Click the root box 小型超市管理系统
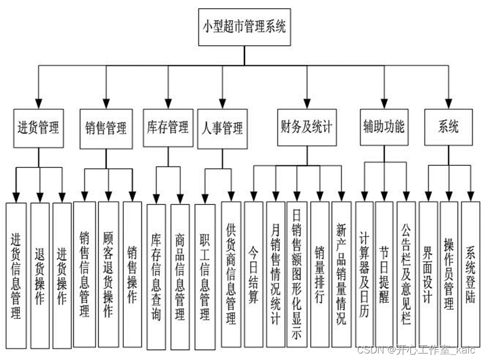tap(244, 26)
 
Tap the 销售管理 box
tap(106, 128)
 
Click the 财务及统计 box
tap(307, 127)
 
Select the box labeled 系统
tap(449, 127)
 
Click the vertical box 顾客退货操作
tap(108, 275)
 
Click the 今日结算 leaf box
tap(253, 275)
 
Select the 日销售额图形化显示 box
tap(297, 275)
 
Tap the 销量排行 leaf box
tap(320, 275)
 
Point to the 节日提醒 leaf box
tap(384, 275)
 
